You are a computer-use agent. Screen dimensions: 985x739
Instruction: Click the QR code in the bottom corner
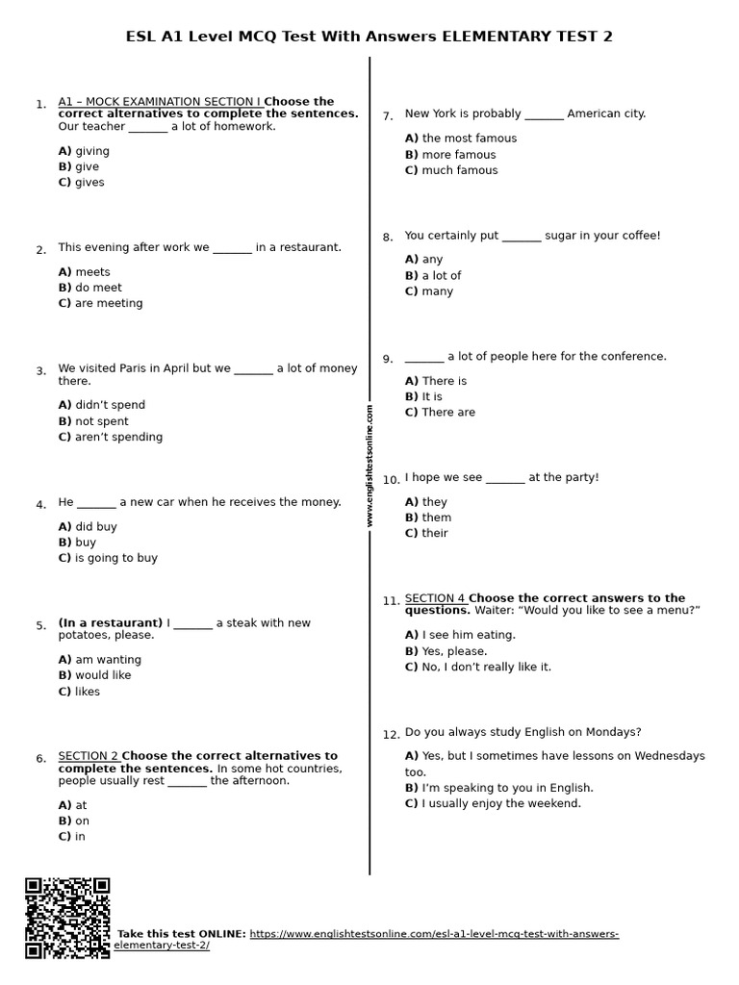click(x=67, y=918)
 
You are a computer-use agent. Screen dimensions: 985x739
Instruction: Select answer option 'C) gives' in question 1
click(x=82, y=183)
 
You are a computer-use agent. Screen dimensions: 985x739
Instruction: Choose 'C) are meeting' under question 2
click(x=100, y=303)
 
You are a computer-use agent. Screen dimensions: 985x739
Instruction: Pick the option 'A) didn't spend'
click(x=102, y=405)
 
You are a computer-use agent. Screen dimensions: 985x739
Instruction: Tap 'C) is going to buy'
click(x=108, y=558)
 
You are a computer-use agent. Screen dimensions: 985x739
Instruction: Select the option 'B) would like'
click(x=94, y=675)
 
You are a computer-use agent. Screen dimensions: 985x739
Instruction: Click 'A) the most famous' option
click(x=461, y=139)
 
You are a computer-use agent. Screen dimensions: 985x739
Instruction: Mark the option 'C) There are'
click(x=440, y=413)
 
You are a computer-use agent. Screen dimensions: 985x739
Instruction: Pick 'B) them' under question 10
click(x=428, y=518)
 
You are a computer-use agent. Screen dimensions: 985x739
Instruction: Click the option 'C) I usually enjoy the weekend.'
click(x=493, y=803)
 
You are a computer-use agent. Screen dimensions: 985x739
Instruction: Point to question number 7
click(x=387, y=116)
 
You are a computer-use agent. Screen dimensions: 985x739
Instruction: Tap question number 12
click(x=391, y=735)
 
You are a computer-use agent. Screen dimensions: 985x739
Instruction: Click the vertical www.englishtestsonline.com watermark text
click(x=369, y=466)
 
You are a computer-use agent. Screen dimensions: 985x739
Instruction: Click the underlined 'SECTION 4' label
click(x=435, y=598)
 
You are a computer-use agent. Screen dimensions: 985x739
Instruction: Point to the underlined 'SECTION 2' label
click(x=89, y=756)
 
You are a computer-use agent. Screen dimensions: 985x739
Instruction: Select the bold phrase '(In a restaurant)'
click(x=111, y=623)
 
